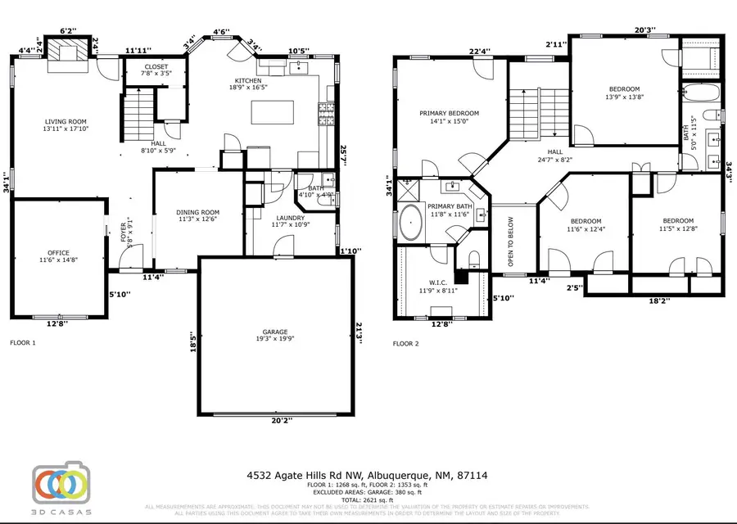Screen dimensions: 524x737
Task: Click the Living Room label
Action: click(60, 125)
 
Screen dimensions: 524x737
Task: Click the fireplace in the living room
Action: click(63, 51)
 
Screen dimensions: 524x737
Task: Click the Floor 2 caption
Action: click(406, 344)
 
